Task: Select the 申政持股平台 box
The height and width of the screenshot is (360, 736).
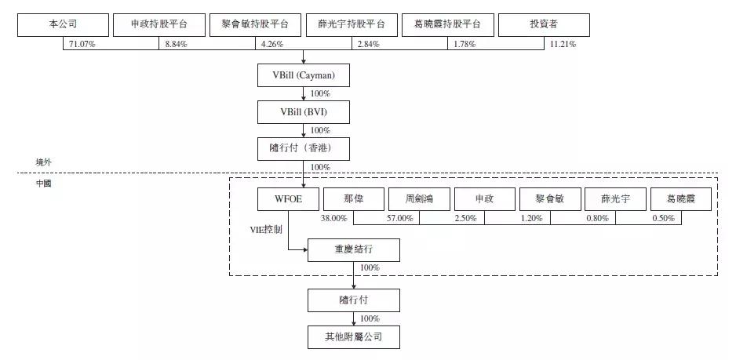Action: [158, 25]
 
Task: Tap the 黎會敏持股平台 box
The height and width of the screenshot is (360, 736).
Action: [255, 25]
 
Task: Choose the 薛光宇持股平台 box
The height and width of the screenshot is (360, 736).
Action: [351, 25]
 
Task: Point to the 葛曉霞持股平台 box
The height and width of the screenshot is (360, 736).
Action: [447, 25]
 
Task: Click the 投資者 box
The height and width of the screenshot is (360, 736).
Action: [544, 25]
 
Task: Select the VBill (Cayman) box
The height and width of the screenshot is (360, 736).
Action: [304, 75]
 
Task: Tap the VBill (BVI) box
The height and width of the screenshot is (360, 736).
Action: [304, 112]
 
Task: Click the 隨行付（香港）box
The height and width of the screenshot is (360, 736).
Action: [304, 148]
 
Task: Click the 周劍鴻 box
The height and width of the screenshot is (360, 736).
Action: [420, 199]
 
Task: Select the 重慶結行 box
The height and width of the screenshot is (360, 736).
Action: [354, 250]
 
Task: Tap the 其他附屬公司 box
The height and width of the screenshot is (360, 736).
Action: [354, 338]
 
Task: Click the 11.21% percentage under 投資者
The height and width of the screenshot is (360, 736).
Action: [563, 44]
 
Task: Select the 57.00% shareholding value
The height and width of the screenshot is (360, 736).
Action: [399, 219]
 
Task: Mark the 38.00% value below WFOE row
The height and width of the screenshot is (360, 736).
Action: [334, 219]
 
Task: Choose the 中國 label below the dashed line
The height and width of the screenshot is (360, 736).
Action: [44, 184]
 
